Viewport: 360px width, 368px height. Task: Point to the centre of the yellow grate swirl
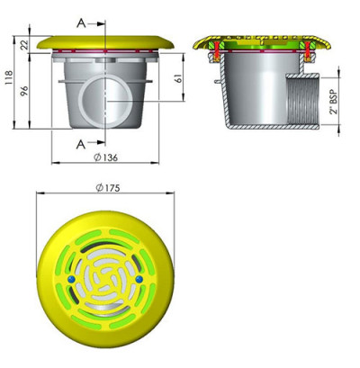pyautogui.click(x=104, y=281)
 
